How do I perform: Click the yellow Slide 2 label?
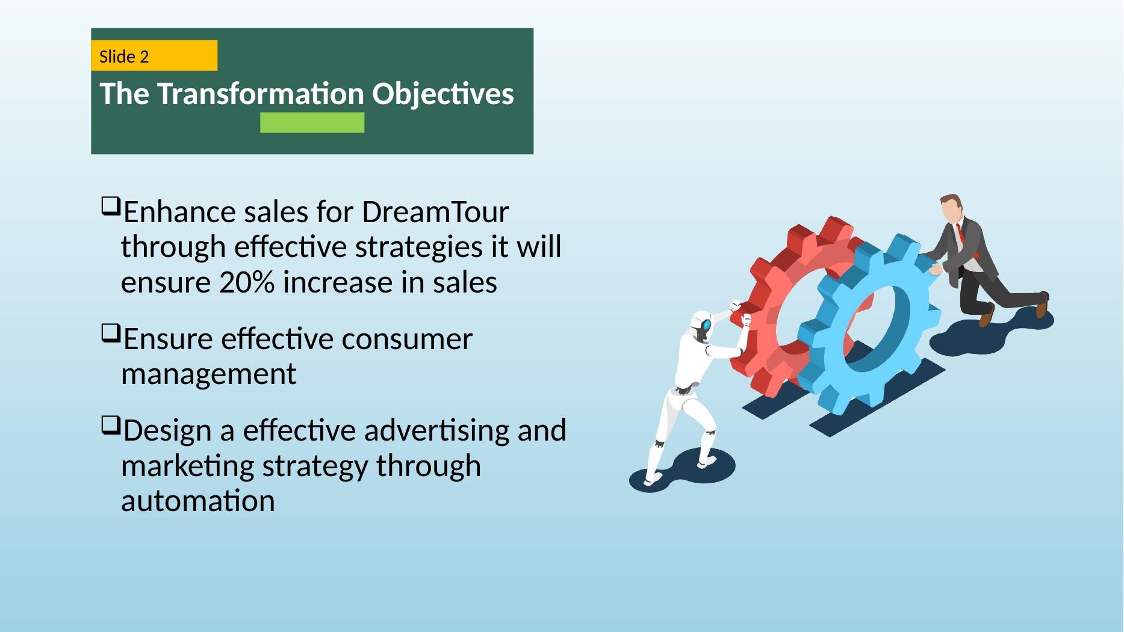click(x=154, y=56)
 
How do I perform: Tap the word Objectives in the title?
click(x=443, y=95)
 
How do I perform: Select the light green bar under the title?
click(x=312, y=122)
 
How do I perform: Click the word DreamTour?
click(x=435, y=212)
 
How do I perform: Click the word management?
click(x=209, y=374)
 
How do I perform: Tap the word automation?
click(x=198, y=501)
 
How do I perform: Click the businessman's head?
click(x=951, y=208)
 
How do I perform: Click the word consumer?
click(x=407, y=339)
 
